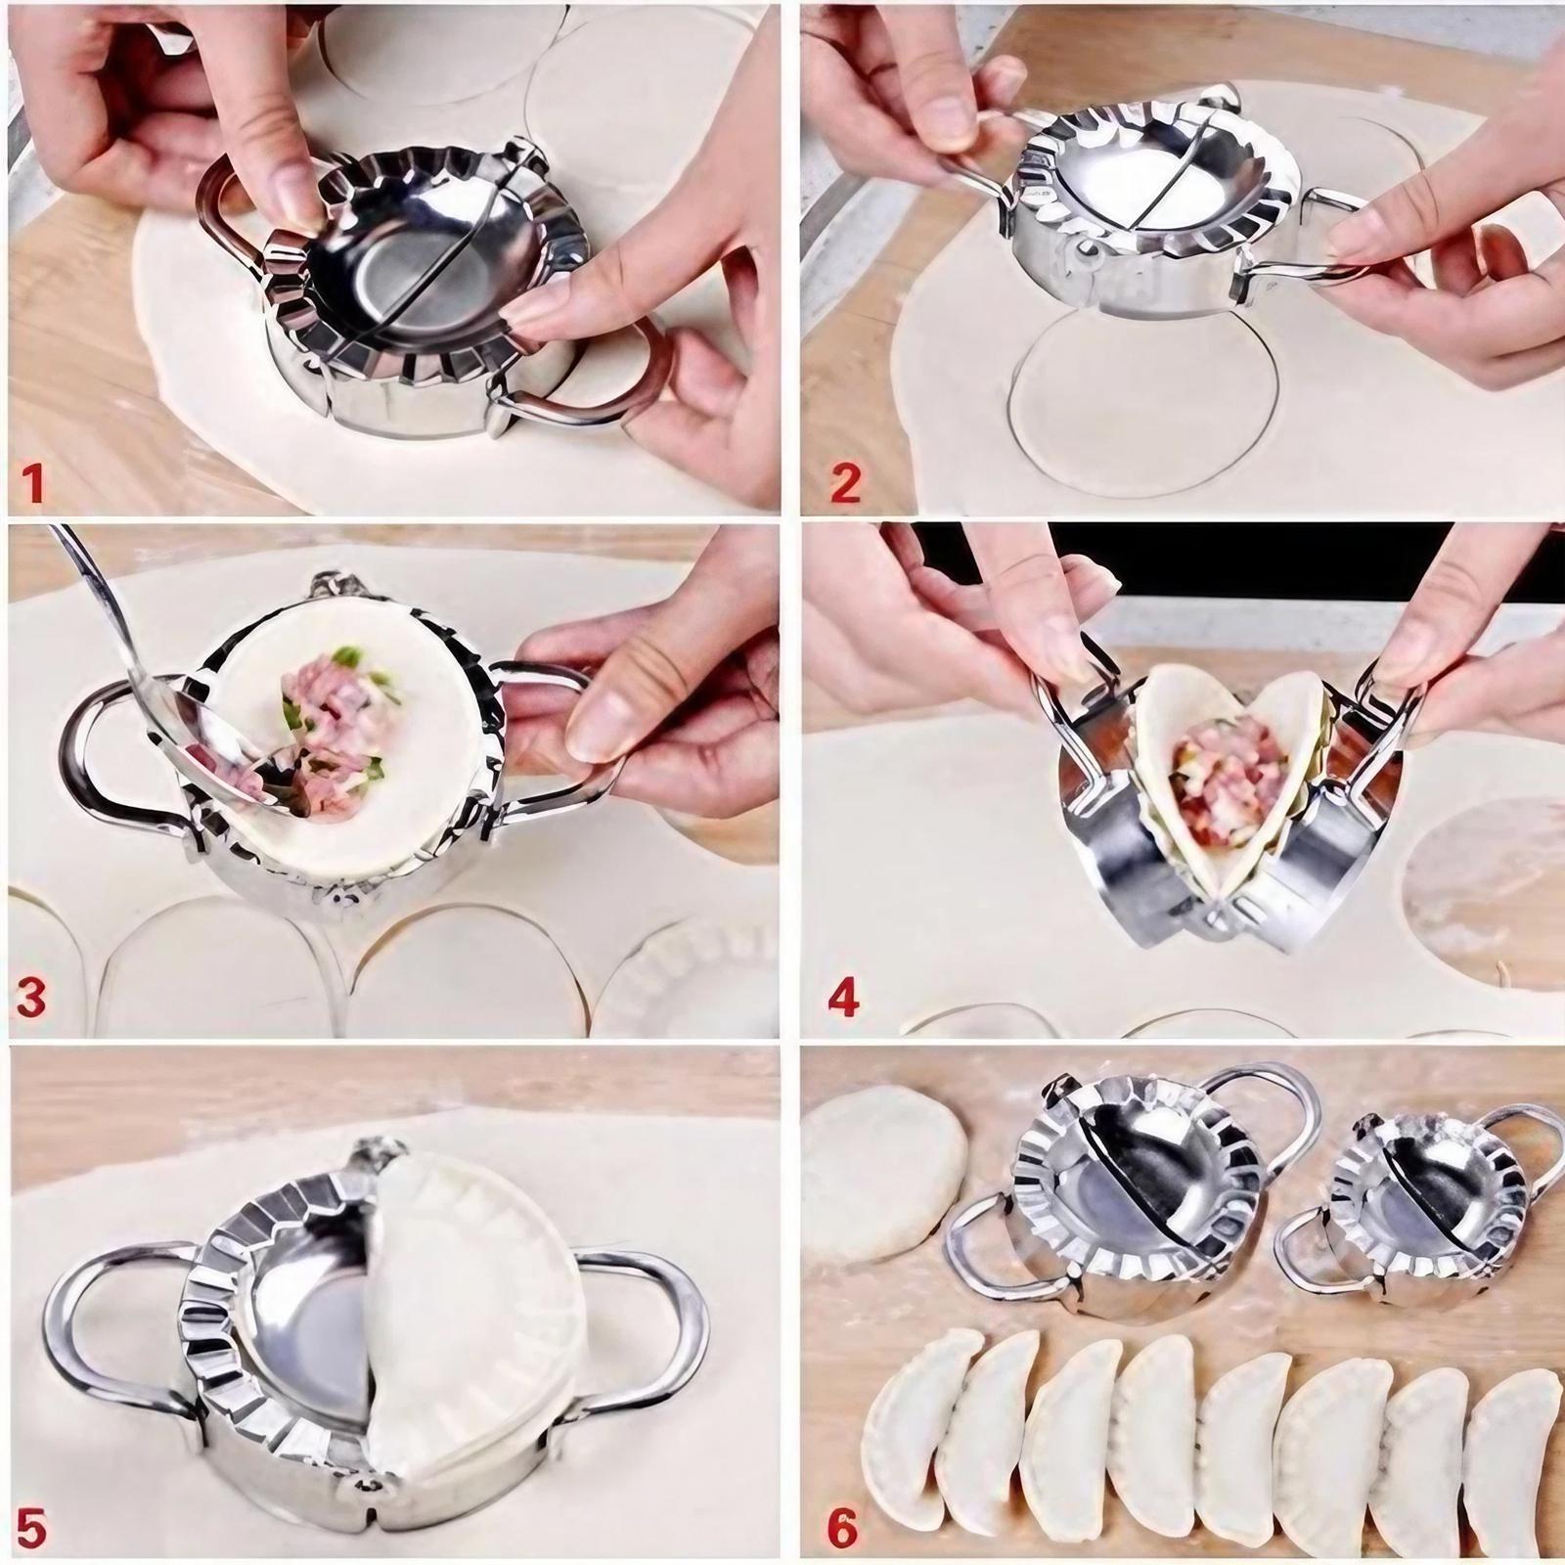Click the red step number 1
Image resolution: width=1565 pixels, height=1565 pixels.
[33, 483]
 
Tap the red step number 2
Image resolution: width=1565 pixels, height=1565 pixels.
[843, 483]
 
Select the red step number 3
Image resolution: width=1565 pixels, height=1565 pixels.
[33, 1000]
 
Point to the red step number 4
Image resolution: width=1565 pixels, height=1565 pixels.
[843, 1000]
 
